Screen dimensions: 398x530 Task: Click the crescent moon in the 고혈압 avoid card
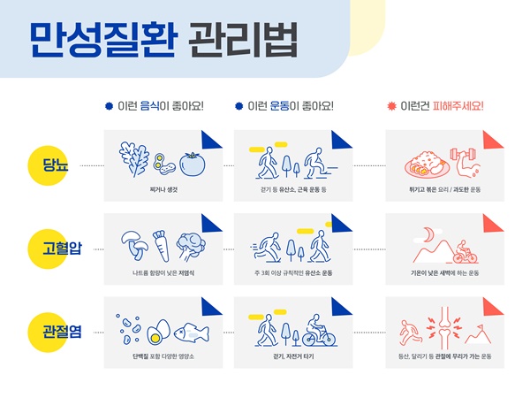coord(428,234)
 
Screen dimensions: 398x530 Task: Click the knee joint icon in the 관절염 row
coord(443,326)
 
